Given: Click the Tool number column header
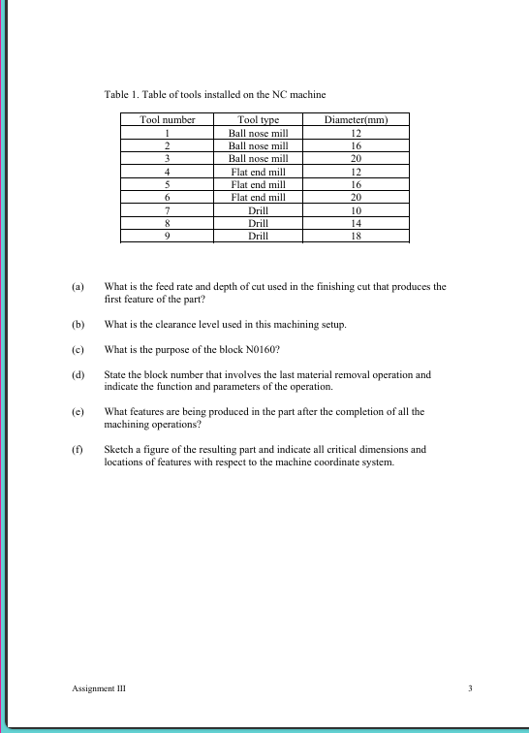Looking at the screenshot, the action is pyautogui.click(x=168, y=120).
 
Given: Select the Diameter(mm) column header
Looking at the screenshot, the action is pyautogui.click(x=356, y=120).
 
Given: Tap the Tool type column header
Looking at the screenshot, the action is pyautogui.click(x=258, y=120).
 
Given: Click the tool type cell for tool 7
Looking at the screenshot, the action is pyautogui.click(x=258, y=209).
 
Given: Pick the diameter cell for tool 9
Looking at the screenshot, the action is pyautogui.click(x=356, y=235).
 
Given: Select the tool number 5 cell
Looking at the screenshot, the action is pyautogui.click(x=168, y=184).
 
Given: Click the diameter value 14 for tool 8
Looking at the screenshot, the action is pyautogui.click(x=356, y=222).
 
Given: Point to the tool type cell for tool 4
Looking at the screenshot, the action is pyautogui.click(x=258, y=172).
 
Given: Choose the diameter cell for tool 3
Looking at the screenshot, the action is pyautogui.click(x=356, y=158).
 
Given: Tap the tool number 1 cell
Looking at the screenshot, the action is pyautogui.click(x=168, y=133).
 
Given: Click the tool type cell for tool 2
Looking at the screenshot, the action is pyautogui.click(x=258, y=145).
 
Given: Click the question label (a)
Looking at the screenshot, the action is pyautogui.click(x=78, y=287).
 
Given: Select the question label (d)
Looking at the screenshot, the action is pyautogui.click(x=78, y=373).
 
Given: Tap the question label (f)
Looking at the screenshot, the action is pyautogui.click(x=78, y=450).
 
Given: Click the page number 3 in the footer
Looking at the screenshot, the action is pyautogui.click(x=469, y=687).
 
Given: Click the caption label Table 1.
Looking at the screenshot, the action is pyautogui.click(x=122, y=94).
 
